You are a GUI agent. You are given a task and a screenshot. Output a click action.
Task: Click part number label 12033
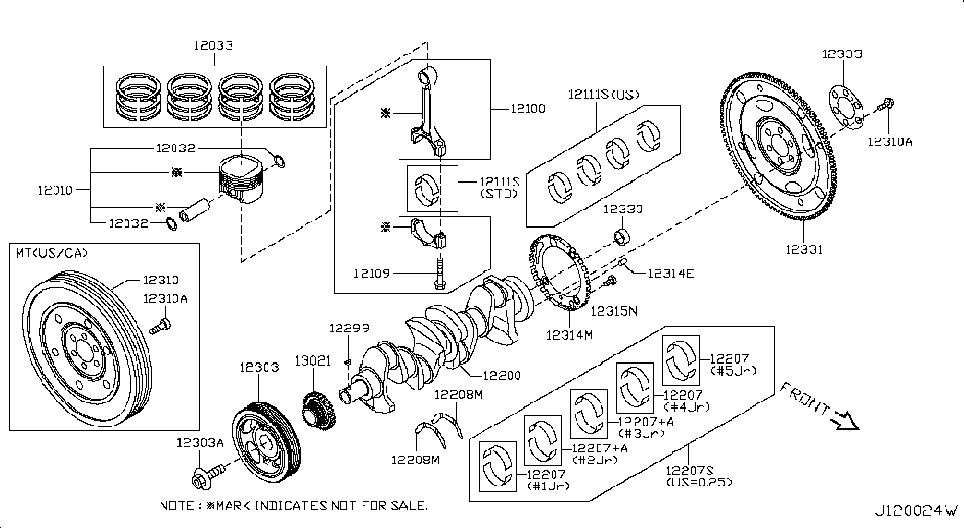point(213,43)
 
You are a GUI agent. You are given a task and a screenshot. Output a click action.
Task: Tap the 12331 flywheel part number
point(804,249)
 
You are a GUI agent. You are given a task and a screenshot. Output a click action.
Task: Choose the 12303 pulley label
point(259,366)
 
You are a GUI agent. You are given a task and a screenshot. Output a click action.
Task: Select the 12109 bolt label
point(373,272)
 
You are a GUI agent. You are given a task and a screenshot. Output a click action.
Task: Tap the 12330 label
point(623,210)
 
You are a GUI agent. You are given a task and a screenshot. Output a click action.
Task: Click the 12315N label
point(614,311)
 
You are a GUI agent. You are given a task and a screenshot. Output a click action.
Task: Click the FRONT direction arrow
point(842,421)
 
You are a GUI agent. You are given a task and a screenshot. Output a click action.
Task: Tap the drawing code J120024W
point(917,510)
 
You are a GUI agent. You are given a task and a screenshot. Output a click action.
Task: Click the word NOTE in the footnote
point(176,506)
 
